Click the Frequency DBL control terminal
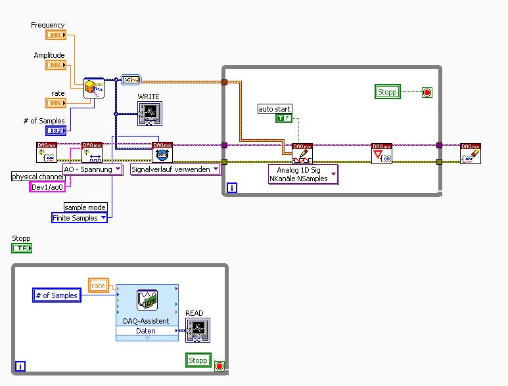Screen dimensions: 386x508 [x=56, y=34]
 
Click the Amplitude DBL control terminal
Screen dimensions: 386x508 [x=56, y=64]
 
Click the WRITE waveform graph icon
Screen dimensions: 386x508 [x=149, y=113]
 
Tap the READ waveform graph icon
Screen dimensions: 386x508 [x=197, y=330]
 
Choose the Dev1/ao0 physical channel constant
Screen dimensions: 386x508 [x=47, y=187]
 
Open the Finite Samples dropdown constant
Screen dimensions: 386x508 [x=80, y=218]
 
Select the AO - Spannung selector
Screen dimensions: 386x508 [x=92, y=169]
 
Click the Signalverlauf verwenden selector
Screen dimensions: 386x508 [x=175, y=169]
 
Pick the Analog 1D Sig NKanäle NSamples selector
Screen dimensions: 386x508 [x=303, y=175]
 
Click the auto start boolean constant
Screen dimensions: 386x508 [x=283, y=118]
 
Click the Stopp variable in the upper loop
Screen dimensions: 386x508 [x=387, y=92]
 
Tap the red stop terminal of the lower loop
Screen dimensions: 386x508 [x=219, y=366]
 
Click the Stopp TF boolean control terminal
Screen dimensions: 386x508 [x=22, y=248]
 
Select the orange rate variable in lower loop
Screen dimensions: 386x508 [x=98, y=285]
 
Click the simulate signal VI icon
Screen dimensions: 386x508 [x=94, y=88]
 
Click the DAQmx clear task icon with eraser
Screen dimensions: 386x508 [x=470, y=153]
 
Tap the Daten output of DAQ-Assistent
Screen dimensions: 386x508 [x=146, y=332]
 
